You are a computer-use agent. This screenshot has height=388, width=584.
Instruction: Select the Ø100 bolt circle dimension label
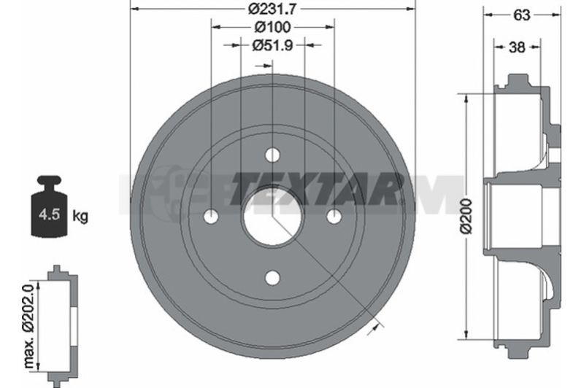tap(272, 27)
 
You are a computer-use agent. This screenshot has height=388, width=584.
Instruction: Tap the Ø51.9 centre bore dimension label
tap(272, 45)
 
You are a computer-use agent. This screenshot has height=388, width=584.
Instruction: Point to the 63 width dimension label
tap(521, 15)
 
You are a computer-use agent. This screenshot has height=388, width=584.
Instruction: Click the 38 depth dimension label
tap(517, 47)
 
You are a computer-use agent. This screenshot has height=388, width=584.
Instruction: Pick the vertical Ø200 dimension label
tap(466, 216)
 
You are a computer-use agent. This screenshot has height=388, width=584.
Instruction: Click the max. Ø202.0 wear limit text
tap(29, 325)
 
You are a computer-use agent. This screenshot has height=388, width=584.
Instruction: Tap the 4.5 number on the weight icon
tap(50, 214)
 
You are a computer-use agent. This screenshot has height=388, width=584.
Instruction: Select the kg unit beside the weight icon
tap(80, 216)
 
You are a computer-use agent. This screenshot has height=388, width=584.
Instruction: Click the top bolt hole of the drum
tap(272, 155)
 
